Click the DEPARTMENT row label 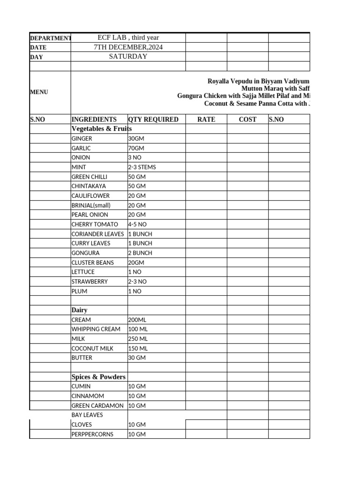50,38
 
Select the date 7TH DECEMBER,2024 128,47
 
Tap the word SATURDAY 128,56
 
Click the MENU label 39,92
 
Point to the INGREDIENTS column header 94,120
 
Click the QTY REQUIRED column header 153,120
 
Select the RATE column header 206,120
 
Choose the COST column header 247,120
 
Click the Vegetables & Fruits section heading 101,128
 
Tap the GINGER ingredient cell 82,139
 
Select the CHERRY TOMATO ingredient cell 95,225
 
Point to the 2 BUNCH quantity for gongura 140,253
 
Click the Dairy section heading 79,310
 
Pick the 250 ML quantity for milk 138,339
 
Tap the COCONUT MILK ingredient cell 92,348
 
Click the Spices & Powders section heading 98,377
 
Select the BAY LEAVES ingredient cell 87,415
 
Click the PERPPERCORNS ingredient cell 92,435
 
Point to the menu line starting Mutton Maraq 275,88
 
